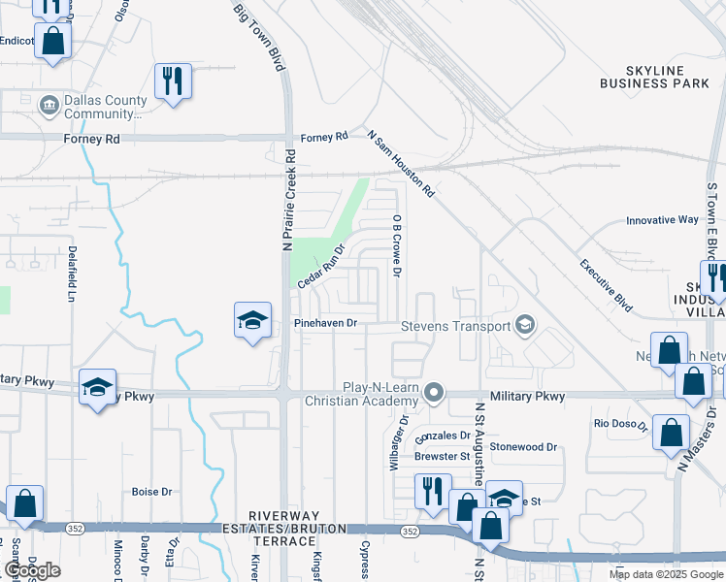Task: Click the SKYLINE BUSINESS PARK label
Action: coord(654,78)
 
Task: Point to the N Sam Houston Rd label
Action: coord(401,163)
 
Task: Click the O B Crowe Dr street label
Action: coord(397,245)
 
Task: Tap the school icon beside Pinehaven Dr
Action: coord(251,320)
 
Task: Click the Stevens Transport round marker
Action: coord(525,325)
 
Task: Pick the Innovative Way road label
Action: coord(662,220)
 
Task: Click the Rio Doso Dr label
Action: coord(621,423)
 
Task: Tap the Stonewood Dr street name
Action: coord(524,447)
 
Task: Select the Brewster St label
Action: coord(442,455)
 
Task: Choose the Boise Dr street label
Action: coord(151,492)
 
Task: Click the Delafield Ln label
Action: coord(72,273)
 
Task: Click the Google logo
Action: coord(32,570)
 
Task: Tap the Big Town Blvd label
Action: coord(260,37)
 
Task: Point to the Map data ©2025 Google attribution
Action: coord(666,574)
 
